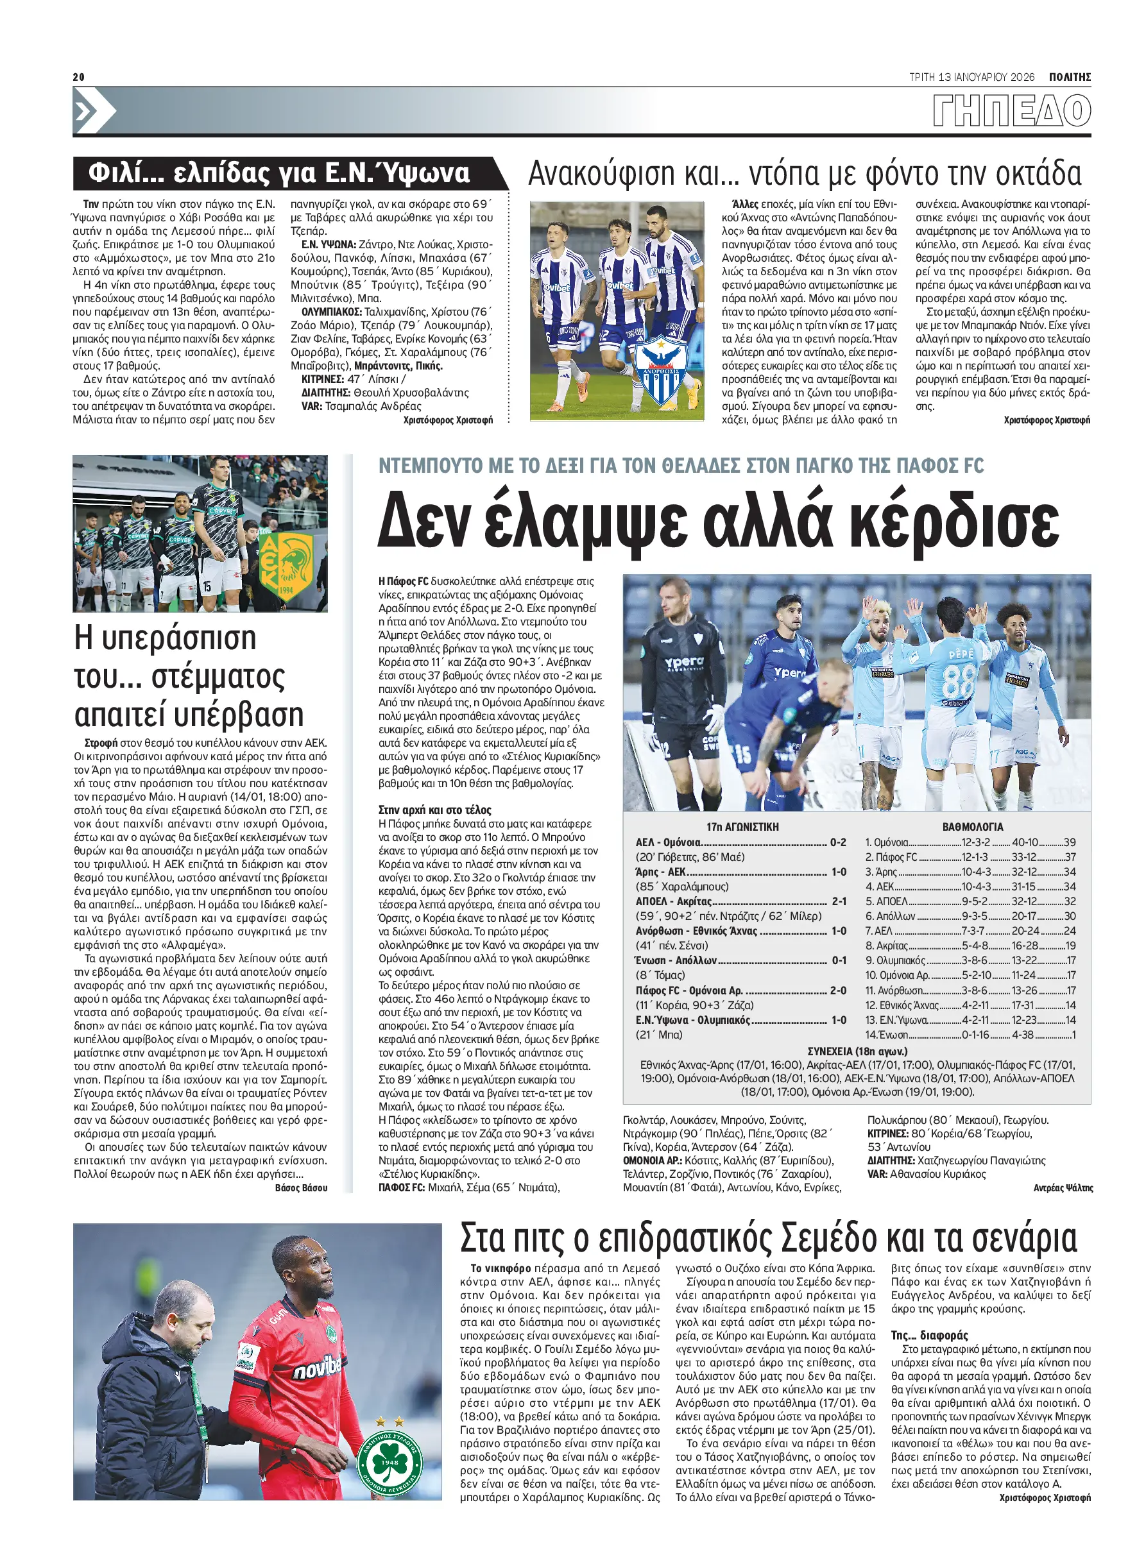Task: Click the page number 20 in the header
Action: click(78, 77)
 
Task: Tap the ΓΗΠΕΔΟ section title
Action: click(1011, 111)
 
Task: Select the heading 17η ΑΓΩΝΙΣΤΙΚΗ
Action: click(742, 827)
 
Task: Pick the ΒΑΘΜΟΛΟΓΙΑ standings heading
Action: click(973, 827)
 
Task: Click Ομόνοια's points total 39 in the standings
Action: click(1069, 842)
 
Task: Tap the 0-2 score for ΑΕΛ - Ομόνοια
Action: click(838, 842)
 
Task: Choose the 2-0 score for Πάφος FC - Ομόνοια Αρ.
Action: click(838, 990)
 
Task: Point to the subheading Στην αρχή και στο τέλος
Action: click(435, 810)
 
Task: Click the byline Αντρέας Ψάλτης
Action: click(1063, 1188)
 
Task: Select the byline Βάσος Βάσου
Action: click(301, 1188)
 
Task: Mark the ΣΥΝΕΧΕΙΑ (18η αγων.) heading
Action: click(857, 1051)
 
